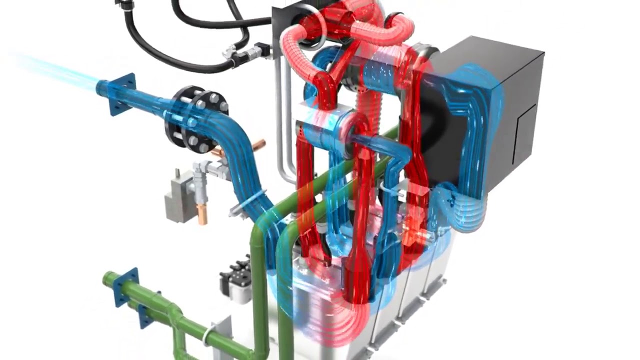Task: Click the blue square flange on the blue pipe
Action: [x=121, y=94]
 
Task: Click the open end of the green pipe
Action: [x=108, y=278]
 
